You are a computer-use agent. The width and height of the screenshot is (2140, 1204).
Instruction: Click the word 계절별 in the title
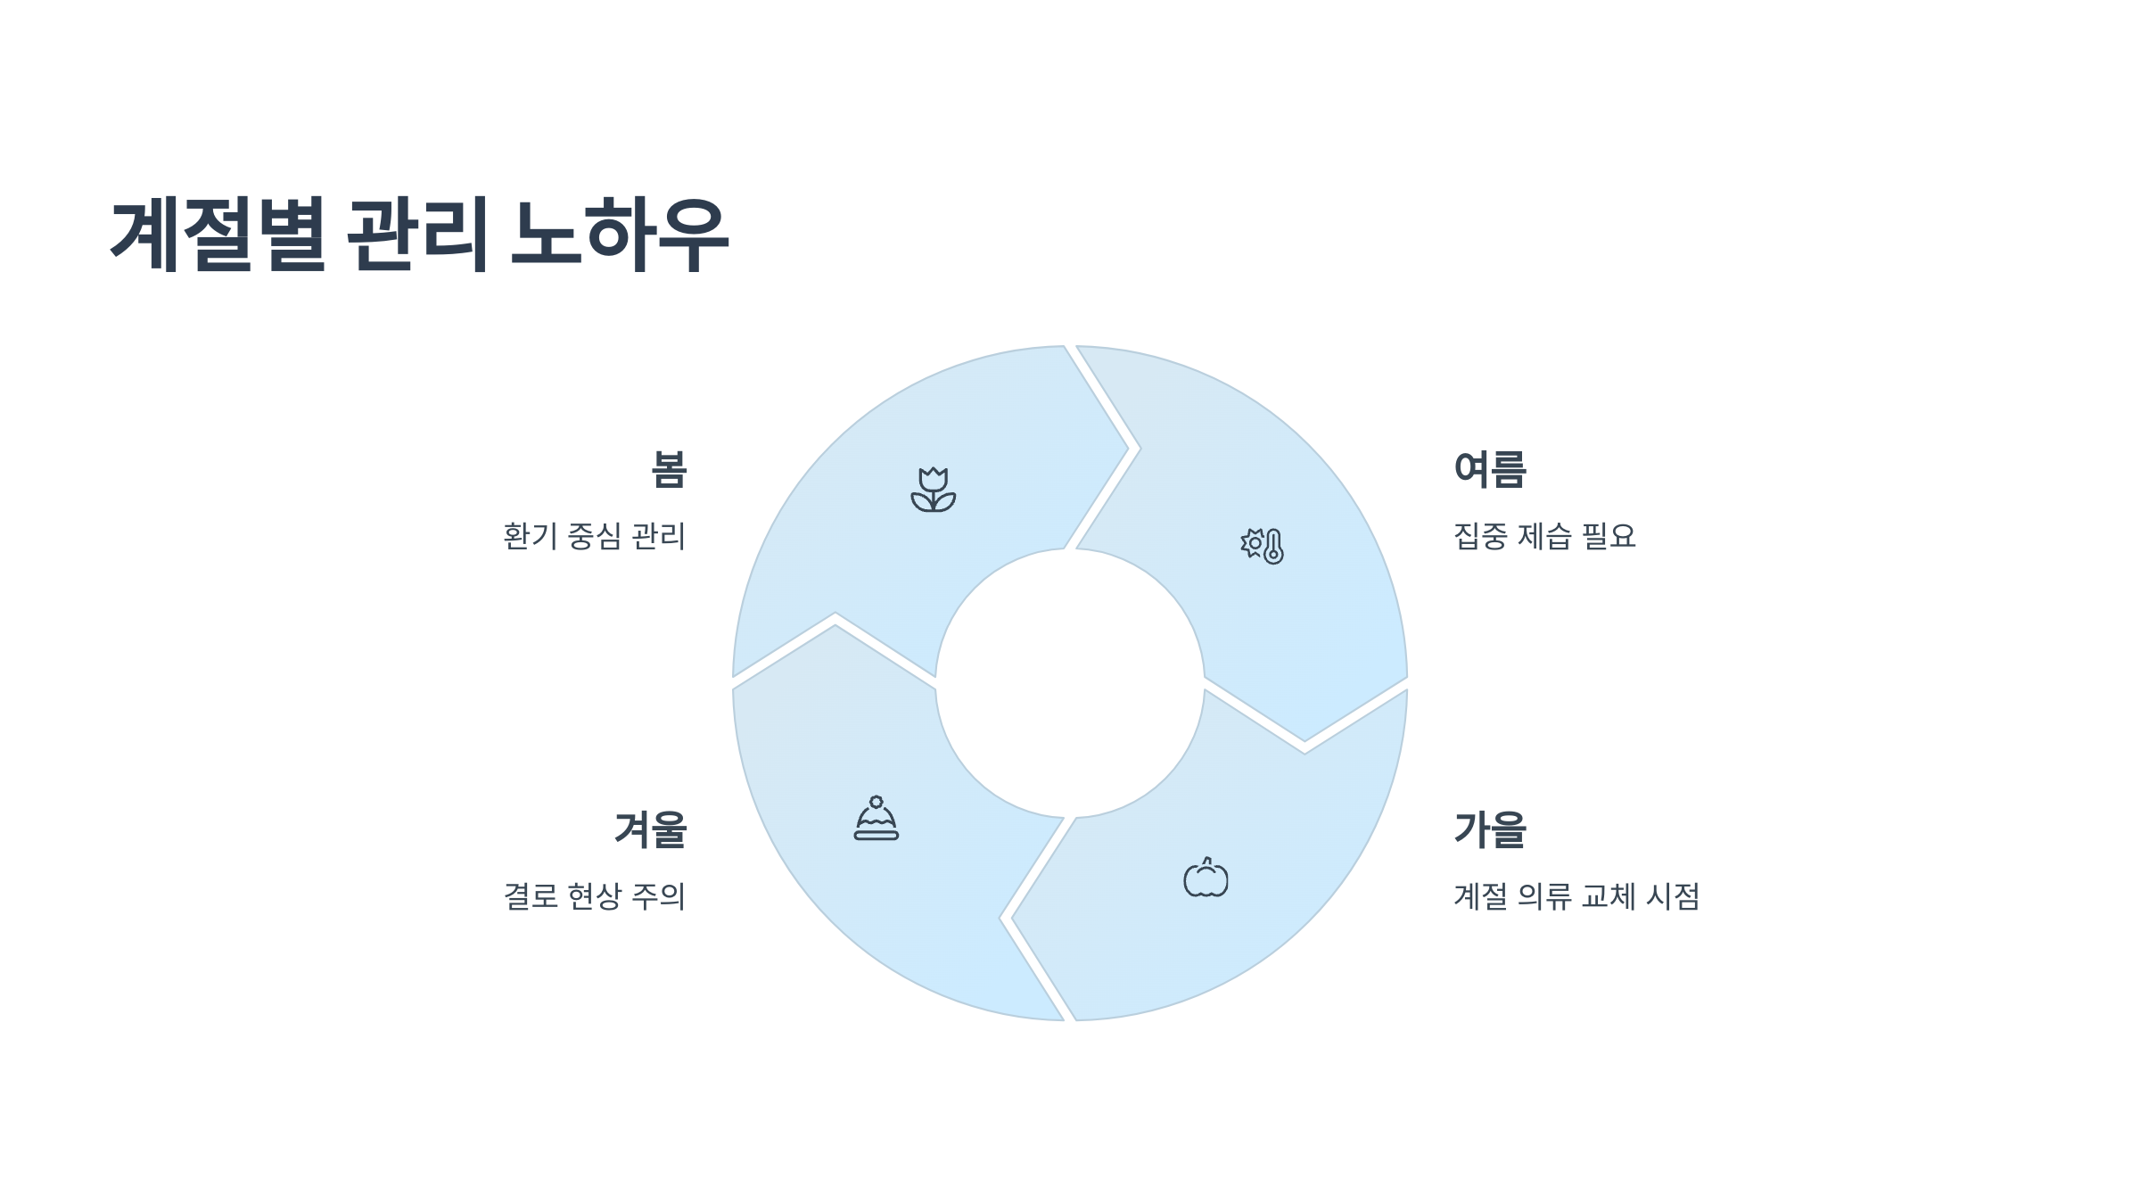click(x=218, y=234)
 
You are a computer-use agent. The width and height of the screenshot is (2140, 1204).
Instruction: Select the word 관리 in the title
click(x=416, y=234)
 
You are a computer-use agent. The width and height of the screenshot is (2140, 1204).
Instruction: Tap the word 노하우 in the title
click(x=620, y=234)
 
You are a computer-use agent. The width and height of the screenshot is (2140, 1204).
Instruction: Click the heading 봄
click(x=669, y=470)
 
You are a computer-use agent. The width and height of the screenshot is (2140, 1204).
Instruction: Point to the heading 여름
click(x=1490, y=470)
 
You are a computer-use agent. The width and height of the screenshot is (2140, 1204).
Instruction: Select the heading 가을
click(x=1490, y=829)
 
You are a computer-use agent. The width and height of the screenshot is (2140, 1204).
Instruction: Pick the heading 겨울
click(x=651, y=829)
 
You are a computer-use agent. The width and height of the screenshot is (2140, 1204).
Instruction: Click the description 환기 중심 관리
click(x=595, y=537)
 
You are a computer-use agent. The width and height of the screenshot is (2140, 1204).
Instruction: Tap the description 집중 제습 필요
click(x=1544, y=537)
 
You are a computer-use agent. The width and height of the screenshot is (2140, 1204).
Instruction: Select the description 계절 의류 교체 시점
click(x=1576, y=896)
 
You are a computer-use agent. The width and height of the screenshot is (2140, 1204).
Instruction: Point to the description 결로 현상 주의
click(x=595, y=896)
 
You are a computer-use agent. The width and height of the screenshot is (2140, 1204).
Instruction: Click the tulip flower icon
click(x=933, y=490)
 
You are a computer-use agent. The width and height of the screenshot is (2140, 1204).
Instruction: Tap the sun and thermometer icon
click(x=1262, y=545)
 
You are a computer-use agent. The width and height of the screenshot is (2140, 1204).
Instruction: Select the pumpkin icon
click(x=1206, y=878)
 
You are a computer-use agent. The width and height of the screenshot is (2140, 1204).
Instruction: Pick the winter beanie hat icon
click(x=877, y=819)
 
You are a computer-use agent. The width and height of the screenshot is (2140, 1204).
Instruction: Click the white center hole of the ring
click(x=1070, y=683)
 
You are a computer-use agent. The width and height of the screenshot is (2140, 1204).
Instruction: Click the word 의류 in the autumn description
click(x=1544, y=896)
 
